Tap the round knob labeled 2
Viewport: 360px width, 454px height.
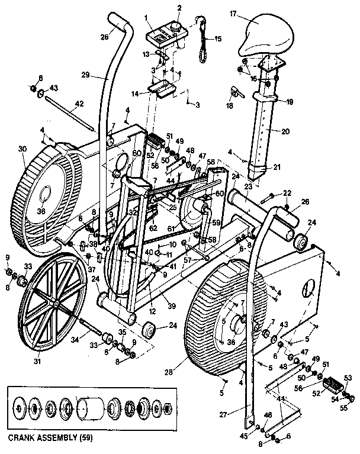176,27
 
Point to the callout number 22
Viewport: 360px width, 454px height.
287,194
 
